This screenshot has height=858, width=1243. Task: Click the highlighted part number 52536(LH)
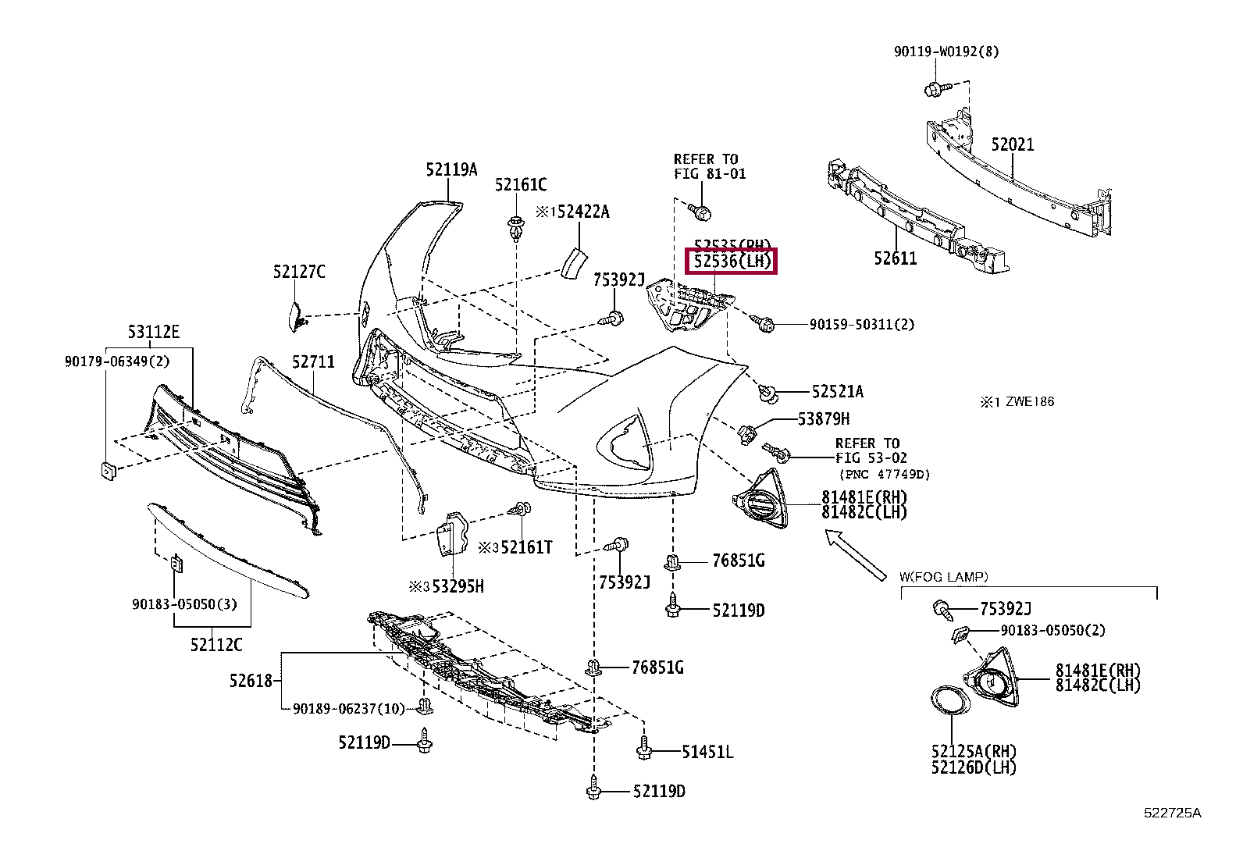click(730, 262)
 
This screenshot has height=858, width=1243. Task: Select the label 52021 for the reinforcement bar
click(1013, 144)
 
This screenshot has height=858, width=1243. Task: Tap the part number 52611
click(895, 258)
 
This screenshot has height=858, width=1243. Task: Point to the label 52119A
click(451, 169)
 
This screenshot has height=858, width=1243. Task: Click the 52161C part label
click(521, 185)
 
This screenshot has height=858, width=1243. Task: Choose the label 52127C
click(299, 272)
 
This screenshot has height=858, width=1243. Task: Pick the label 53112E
click(154, 333)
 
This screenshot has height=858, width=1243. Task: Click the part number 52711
click(313, 361)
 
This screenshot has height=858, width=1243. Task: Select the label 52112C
click(216, 645)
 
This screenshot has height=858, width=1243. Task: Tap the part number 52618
click(251, 681)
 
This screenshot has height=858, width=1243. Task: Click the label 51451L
click(707, 752)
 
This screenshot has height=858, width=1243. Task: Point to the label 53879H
click(824, 419)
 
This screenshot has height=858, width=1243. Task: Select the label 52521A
click(838, 392)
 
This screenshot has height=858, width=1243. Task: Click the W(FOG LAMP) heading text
click(943, 577)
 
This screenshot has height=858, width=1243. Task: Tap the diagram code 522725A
click(1173, 813)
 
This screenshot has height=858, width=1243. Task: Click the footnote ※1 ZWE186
click(1017, 402)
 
